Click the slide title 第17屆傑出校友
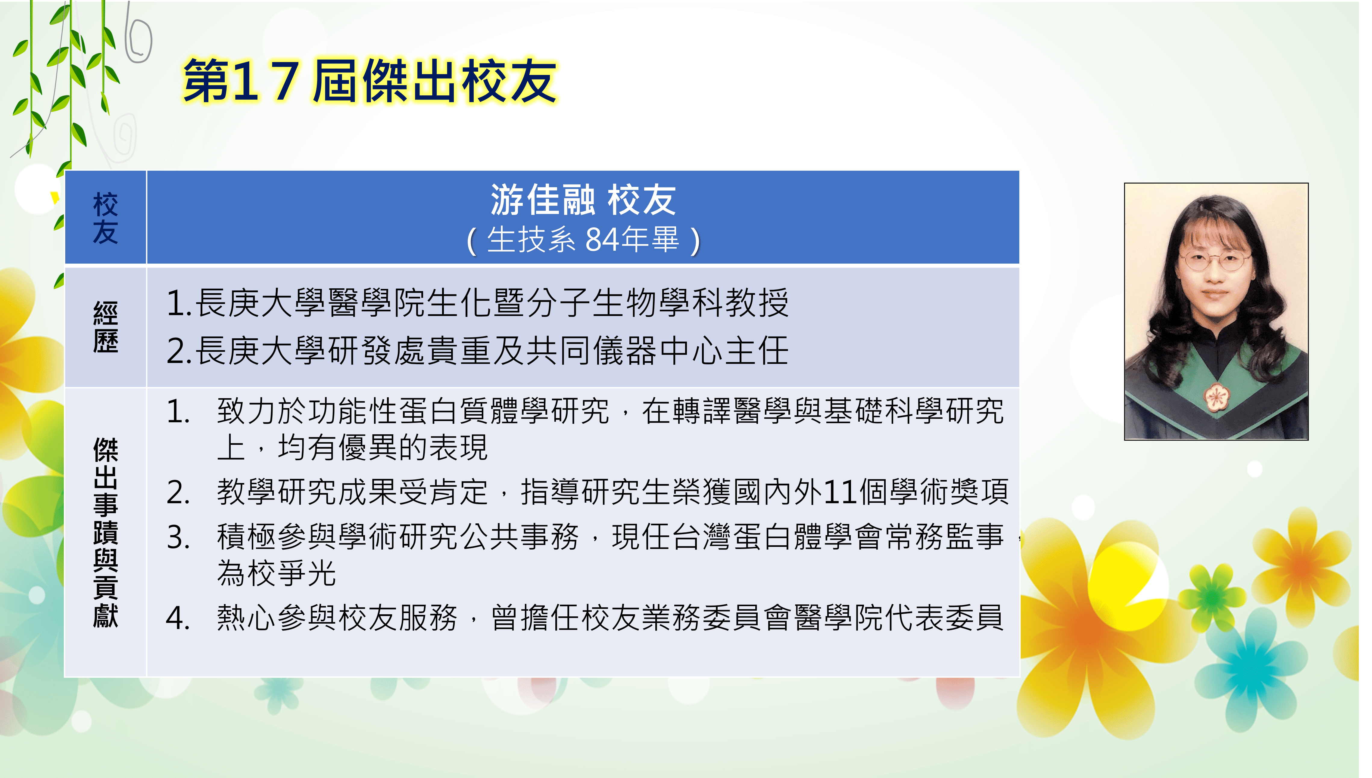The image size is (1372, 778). [x=370, y=81]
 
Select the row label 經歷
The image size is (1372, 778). [x=105, y=327]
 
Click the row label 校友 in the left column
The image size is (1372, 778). [x=105, y=218]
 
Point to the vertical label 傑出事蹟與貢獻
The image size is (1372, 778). [x=105, y=532]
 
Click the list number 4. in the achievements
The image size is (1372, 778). [x=178, y=618]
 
